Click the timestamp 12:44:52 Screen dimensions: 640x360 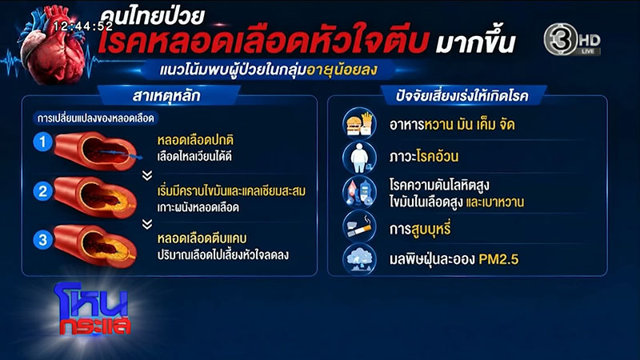[83, 26]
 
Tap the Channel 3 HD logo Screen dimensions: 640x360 [572, 39]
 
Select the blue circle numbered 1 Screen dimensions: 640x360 [42, 142]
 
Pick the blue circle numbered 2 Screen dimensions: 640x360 [42, 190]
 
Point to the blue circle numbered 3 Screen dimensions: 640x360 [42, 239]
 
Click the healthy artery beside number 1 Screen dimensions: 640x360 [96, 150]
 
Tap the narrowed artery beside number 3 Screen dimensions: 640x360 [95, 246]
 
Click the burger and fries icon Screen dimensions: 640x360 [359, 123]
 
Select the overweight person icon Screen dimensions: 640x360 [359, 157]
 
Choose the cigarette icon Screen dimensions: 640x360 [359, 227]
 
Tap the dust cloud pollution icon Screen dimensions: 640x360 [359, 259]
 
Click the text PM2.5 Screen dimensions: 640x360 [498, 259]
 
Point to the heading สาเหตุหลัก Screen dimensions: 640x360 [166, 96]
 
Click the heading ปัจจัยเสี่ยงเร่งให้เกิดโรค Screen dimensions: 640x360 [462, 96]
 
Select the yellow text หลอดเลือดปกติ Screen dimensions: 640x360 [195, 140]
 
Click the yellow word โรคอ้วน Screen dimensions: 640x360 [437, 156]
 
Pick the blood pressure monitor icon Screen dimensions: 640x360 [359, 192]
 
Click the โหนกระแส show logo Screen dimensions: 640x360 [93, 309]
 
